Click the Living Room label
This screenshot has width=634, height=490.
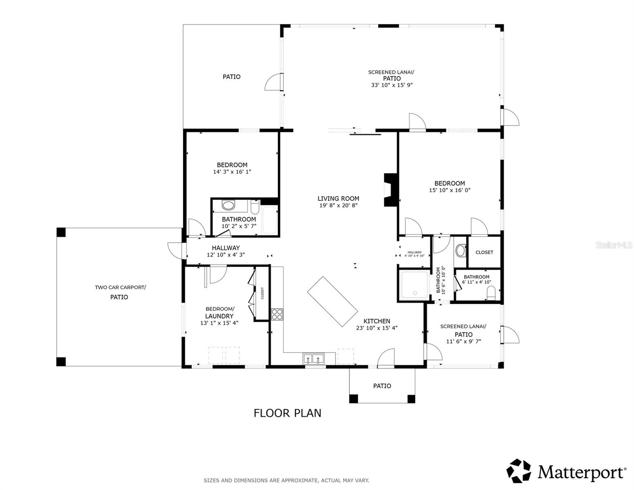pyautogui.click(x=338, y=199)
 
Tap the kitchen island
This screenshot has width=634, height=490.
pyautogui.click(x=332, y=301)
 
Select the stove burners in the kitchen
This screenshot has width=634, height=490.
pyautogui.click(x=277, y=314)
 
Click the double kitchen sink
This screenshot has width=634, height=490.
pyautogui.click(x=313, y=359)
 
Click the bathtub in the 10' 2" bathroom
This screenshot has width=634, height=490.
pyautogui.click(x=269, y=220)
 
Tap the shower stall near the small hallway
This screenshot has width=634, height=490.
pyautogui.click(x=414, y=285)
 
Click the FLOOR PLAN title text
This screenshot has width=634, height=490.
pyautogui.click(x=287, y=413)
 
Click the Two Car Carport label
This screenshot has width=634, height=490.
pyautogui.click(x=120, y=287)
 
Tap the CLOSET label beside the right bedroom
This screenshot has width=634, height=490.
pyautogui.click(x=484, y=252)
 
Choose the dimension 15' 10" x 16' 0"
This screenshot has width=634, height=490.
pyautogui.click(x=449, y=190)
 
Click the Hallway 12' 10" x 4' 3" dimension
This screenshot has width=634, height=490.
pyautogui.click(x=225, y=255)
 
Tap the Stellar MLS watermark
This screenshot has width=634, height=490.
pyautogui.click(x=614, y=245)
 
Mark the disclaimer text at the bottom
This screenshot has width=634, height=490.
pyautogui.click(x=286, y=481)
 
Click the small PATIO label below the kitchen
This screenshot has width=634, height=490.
pyautogui.click(x=382, y=386)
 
